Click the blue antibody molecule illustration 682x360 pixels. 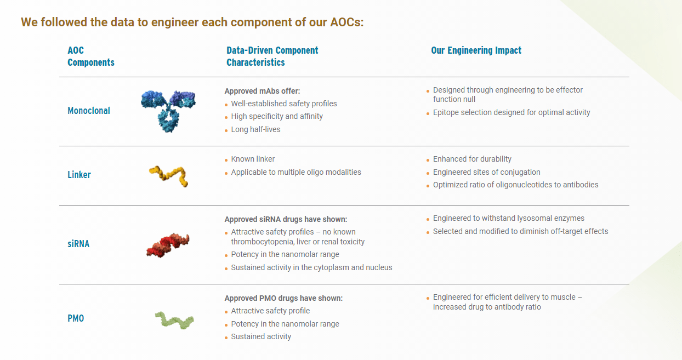pyautogui.click(x=168, y=110)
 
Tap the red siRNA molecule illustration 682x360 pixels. pyautogui.click(x=168, y=244)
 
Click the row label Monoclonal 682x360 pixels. pyautogui.click(x=89, y=111)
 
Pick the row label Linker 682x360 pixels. pyautogui.click(x=79, y=175)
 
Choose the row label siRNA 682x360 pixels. pyautogui.click(x=78, y=244)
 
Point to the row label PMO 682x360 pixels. pyautogui.click(x=76, y=318)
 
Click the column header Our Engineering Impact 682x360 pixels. pyautogui.click(x=476, y=50)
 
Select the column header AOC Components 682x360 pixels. pyautogui.click(x=91, y=56)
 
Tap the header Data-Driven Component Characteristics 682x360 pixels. pyautogui.click(x=272, y=56)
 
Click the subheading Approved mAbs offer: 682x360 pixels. pyautogui.click(x=262, y=91)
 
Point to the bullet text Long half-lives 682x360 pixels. pyautogui.click(x=255, y=130)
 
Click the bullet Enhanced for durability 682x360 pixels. pyautogui.click(x=472, y=159)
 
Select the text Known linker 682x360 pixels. pyautogui.click(x=253, y=159)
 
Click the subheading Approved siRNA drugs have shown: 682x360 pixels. pyautogui.click(x=286, y=219)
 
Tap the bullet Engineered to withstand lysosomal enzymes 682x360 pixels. pyautogui.click(x=509, y=218)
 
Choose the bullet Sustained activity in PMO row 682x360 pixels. pyautogui.click(x=261, y=336)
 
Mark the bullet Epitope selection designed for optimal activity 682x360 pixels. pyautogui.click(x=511, y=112)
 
